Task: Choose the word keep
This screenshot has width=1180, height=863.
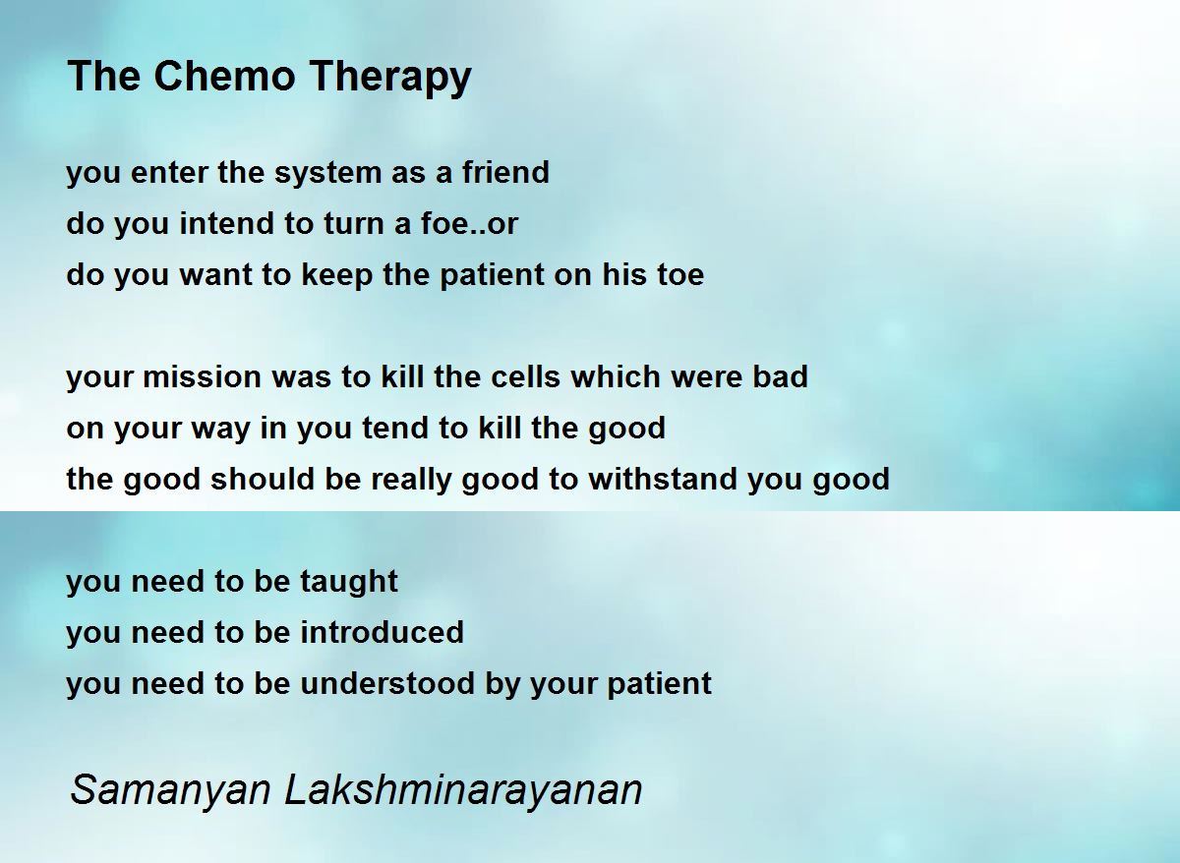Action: click(x=337, y=275)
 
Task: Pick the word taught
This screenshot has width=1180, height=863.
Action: click(x=349, y=582)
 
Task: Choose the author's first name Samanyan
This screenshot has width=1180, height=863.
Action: click(x=171, y=790)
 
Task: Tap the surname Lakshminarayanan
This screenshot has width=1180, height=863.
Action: click(x=463, y=790)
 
